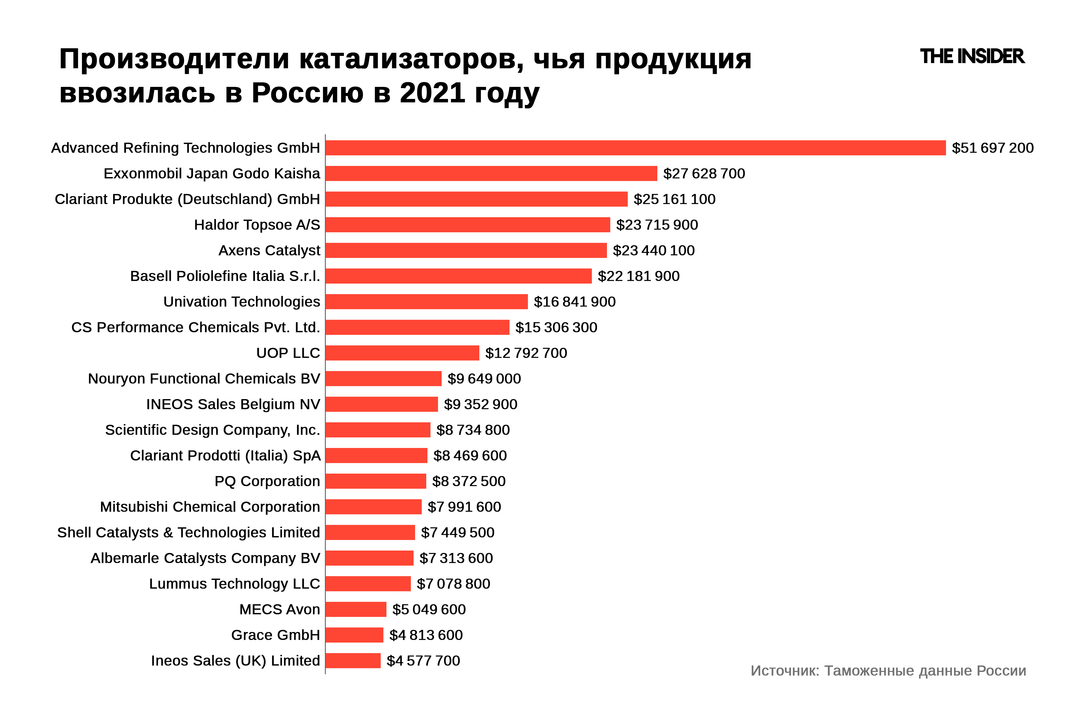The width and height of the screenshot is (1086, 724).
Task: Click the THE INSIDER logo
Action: pos(972,56)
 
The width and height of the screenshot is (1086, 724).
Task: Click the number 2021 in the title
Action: pos(432,93)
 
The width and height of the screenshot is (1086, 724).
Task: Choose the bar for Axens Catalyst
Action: pos(466,250)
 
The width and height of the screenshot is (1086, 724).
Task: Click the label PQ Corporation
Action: pos(267,481)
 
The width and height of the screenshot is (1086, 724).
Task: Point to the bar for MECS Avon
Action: pos(356,609)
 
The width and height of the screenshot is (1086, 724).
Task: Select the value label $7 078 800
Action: pos(453,584)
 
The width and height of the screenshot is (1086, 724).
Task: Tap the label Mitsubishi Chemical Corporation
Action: pos(210,507)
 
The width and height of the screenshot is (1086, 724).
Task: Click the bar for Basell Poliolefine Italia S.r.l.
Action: pos(459,276)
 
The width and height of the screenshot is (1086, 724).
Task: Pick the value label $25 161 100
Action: pos(674,199)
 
